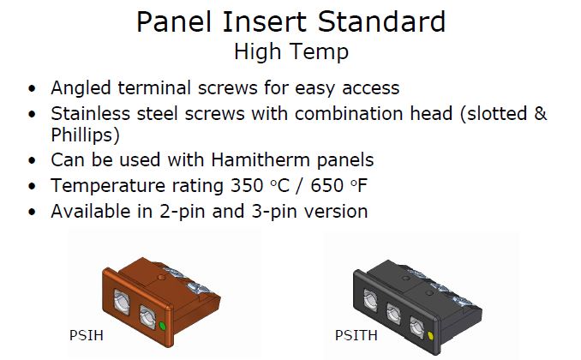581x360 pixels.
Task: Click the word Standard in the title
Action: point(381,22)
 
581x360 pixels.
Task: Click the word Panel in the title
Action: point(175,22)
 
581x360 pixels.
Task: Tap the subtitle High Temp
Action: point(291,52)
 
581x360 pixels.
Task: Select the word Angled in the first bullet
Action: point(81,89)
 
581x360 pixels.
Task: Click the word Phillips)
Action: point(85,135)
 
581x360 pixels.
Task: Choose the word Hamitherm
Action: point(261,160)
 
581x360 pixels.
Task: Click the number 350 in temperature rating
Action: point(247,186)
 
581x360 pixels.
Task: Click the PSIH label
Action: point(87,335)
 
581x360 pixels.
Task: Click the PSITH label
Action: point(356,335)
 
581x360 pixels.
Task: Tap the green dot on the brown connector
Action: point(162,326)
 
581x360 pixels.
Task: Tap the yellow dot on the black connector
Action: point(430,335)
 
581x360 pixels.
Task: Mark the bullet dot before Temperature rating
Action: point(33,186)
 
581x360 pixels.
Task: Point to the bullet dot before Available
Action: point(33,212)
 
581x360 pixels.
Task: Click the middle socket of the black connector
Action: point(393,314)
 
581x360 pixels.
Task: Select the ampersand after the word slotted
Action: point(541,113)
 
